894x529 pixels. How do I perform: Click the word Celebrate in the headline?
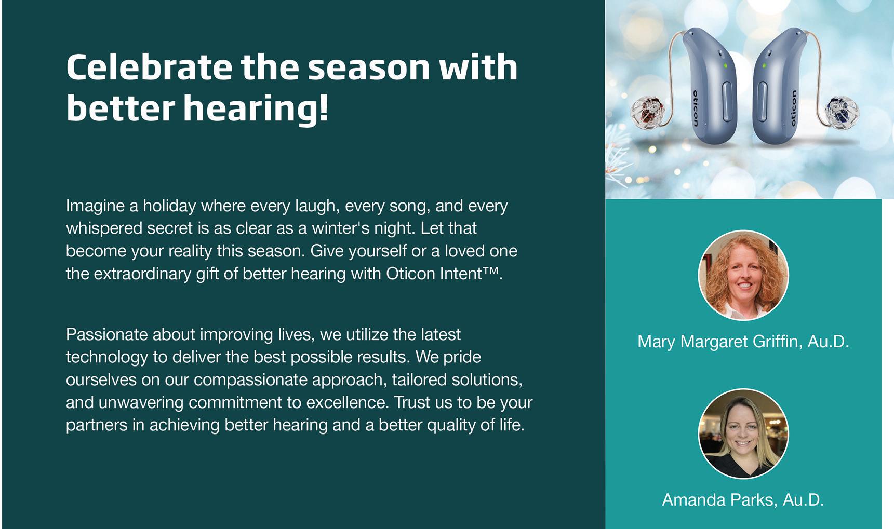pos(149,67)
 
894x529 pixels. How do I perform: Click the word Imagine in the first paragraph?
pos(95,207)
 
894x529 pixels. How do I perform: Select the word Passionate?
pos(106,334)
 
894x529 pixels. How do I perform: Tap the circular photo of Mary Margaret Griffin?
pos(743,275)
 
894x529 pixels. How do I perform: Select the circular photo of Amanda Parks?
pos(743,433)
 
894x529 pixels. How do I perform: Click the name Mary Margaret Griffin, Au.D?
pos(743,342)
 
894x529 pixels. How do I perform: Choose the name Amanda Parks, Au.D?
pos(743,500)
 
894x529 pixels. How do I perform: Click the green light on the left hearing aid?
pos(725,65)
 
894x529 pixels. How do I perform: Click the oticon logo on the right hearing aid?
pos(793,108)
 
